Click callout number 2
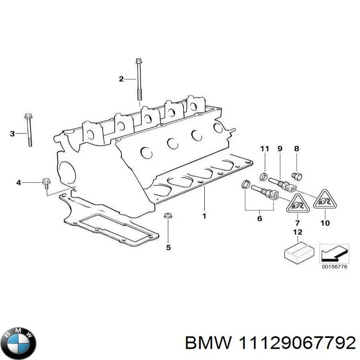pos(121,80)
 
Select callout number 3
pos(13,133)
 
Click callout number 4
pos(18,182)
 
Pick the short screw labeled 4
pos(45,182)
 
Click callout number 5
pos(168,247)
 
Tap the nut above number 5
pos(168,216)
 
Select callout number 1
pos(204,216)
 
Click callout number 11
pos(265,149)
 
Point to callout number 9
pos(279,149)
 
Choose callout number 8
pos(296,149)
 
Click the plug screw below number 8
pos(297,175)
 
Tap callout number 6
pos(259,219)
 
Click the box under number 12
pos(297,253)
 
